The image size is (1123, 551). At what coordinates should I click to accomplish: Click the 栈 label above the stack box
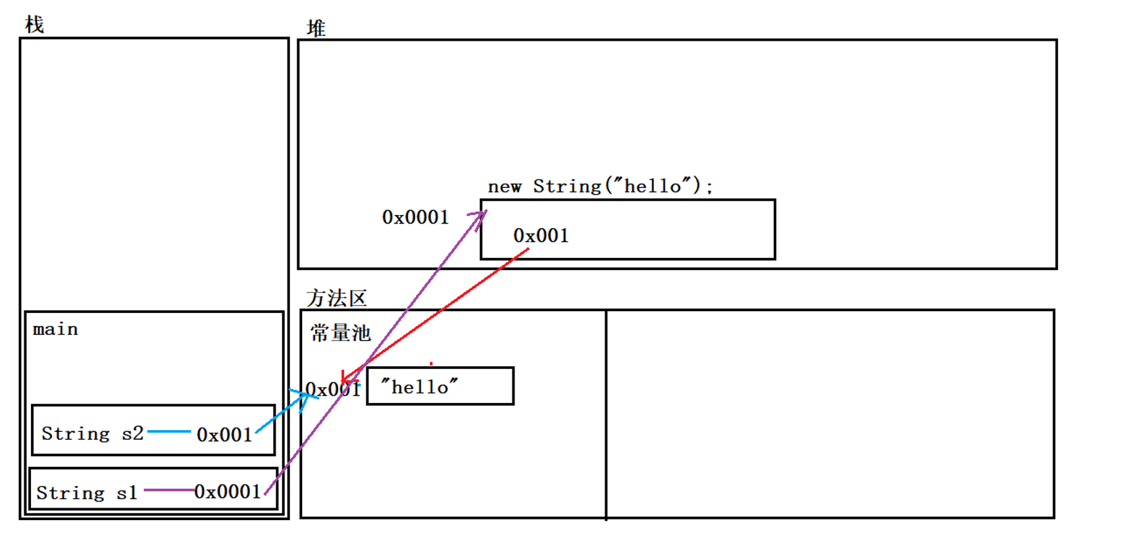tap(34, 25)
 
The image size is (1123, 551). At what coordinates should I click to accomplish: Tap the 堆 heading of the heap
tap(316, 28)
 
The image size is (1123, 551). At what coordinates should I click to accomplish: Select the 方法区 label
tap(336, 298)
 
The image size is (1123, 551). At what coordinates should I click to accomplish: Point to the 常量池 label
tap(341, 333)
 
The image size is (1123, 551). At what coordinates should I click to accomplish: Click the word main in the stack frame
tap(55, 329)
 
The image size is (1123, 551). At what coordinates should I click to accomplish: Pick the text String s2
tap(92, 433)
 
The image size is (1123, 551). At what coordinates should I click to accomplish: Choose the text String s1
tap(86, 492)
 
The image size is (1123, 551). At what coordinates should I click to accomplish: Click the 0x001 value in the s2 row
tap(224, 435)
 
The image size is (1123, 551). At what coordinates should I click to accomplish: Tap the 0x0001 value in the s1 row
tap(227, 492)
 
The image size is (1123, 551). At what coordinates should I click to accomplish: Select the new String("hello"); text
tap(599, 187)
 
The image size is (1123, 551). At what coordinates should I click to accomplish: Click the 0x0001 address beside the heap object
tap(415, 217)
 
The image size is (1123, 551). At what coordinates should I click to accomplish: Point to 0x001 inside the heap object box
tap(541, 235)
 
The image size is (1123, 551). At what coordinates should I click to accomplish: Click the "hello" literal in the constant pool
tap(419, 387)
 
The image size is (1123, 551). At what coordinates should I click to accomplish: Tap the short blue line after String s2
tap(169, 431)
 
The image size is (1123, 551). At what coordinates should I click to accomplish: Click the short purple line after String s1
tap(168, 490)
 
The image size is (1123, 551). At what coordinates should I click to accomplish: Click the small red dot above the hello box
tap(431, 363)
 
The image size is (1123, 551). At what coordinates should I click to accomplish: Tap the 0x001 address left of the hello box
tap(333, 389)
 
